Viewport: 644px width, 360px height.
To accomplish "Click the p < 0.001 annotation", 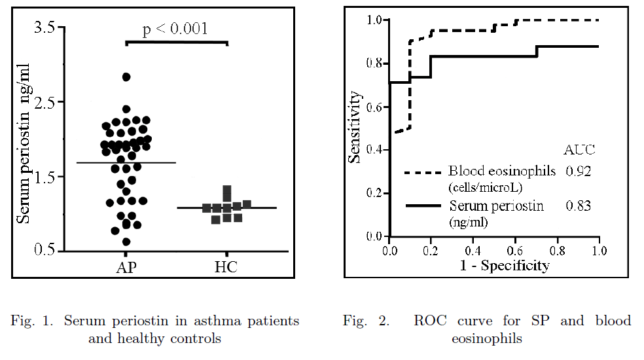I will tap(175, 29).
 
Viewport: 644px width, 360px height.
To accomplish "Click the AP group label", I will tap(126, 267).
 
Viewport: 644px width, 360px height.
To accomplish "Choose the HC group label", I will tap(226, 267).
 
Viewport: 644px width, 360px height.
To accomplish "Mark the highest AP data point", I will tap(126, 77).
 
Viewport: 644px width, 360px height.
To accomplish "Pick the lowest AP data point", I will tap(126, 242).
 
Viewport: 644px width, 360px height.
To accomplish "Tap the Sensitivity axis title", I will tap(354, 127).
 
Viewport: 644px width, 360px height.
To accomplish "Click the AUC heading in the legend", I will tap(580, 149).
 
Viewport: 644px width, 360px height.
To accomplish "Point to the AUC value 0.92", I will tap(579, 171).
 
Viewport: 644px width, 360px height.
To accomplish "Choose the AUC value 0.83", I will tap(579, 206).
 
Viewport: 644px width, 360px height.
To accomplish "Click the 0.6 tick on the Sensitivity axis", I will tap(375, 107).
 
